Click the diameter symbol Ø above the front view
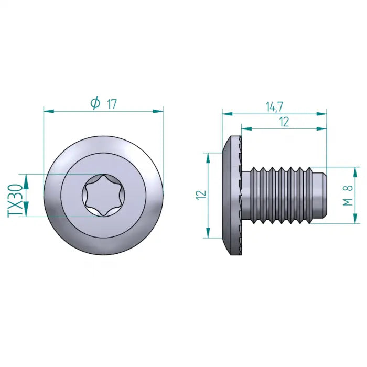pyautogui.click(x=95, y=103)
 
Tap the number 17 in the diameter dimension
pyautogui.click(x=112, y=104)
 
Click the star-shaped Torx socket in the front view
pyautogui.click(x=103, y=195)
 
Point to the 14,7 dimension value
pyautogui.click(x=274, y=106)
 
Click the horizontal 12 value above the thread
pyautogui.click(x=284, y=122)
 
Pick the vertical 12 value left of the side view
pyautogui.click(x=201, y=195)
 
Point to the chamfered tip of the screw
pyautogui.click(x=320, y=195)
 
